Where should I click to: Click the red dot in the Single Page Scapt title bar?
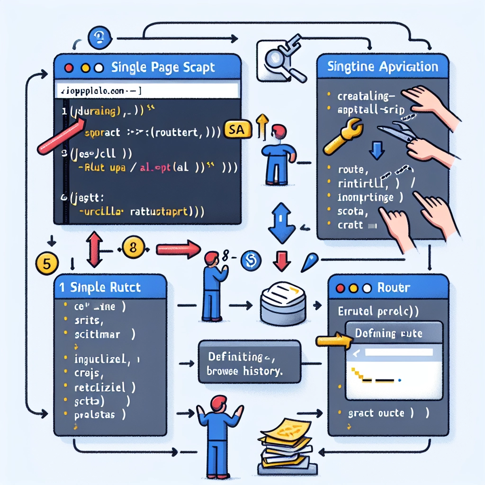pos(69,67)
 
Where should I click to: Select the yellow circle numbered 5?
pos(46,264)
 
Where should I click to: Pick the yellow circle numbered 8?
pos(133,247)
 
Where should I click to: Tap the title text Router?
pos(395,287)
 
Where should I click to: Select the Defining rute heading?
pos(388,333)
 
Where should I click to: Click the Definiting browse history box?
pos(250,361)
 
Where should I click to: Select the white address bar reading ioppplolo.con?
pos(147,90)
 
